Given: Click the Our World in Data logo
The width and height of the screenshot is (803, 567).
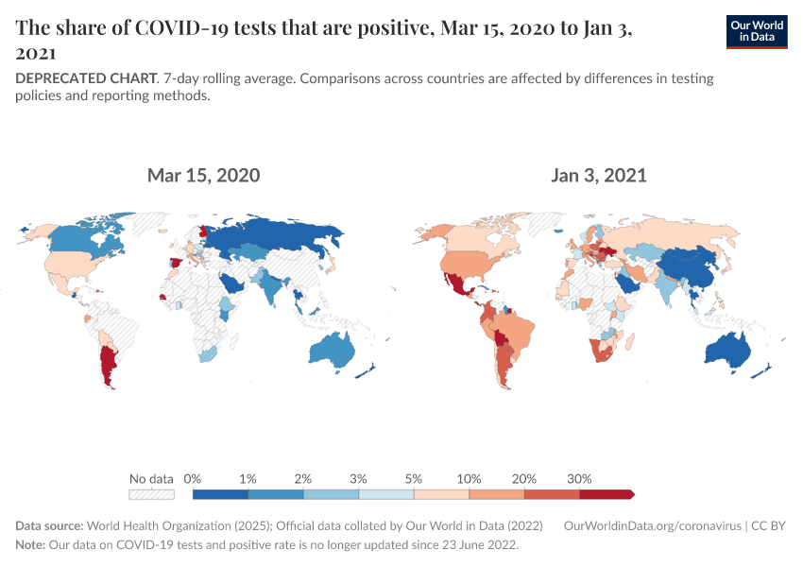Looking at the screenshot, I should [x=756, y=31].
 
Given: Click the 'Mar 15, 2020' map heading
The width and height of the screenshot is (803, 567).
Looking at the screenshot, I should [x=203, y=176].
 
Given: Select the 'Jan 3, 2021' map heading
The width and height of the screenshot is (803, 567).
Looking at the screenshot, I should [x=599, y=176].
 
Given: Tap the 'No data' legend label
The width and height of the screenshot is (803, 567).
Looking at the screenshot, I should [x=151, y=478].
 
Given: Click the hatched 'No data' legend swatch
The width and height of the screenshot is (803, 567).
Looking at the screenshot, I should [x=151, y=493].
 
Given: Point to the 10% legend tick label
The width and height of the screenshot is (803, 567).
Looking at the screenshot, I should [x=470, y=478].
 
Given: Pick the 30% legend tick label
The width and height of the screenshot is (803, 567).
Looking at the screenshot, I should [x=579, y=478].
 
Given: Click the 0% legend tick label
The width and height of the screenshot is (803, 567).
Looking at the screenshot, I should [x=192, y=478].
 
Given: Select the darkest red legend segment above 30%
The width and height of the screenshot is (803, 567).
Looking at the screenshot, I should [x=605, y=493].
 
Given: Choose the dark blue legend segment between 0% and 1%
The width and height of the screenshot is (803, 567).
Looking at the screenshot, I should [x=220, y=493].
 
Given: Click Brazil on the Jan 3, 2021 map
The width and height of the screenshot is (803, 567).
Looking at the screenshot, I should [x=515, y=331].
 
